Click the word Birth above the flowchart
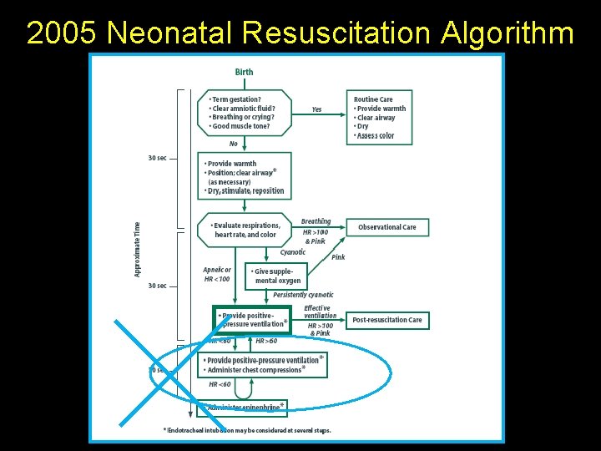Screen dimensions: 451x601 244,72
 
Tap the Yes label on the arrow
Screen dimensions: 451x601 316,109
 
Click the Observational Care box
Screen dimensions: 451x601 386,227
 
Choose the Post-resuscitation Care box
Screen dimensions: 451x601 386,320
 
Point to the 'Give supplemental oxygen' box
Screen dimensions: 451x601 276,276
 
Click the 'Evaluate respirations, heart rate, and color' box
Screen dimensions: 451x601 245,230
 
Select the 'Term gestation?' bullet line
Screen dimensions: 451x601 236,99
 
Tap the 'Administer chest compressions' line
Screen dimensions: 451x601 255,370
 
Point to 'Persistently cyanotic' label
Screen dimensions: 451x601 303,295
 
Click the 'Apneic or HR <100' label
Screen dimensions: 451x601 217,274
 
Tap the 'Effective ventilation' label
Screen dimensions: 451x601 320,312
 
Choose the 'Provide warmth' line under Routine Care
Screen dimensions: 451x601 381,109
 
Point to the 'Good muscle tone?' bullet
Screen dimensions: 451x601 240,126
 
